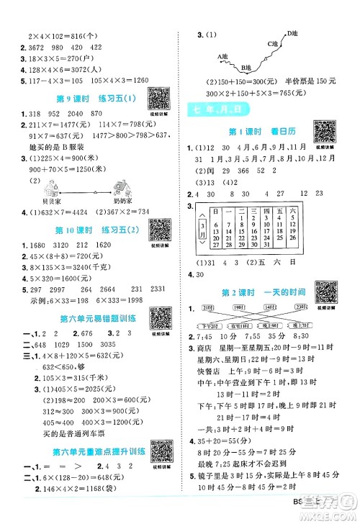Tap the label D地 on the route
(x=292, y=34)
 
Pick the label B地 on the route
(x=247, y=68)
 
